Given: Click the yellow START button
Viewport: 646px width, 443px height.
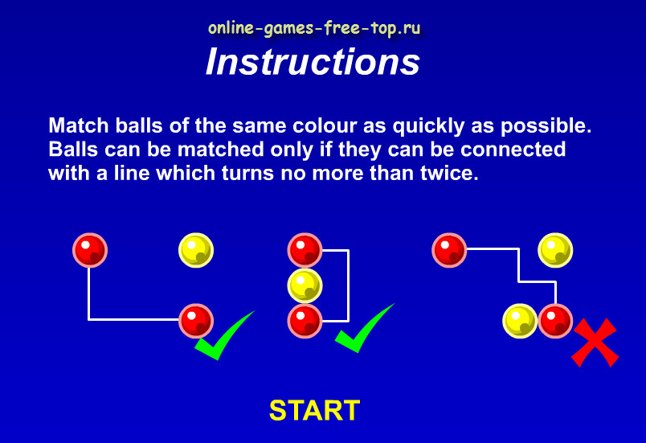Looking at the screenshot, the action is click(x=314, y=410).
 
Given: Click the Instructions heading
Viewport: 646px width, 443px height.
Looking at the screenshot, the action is click(x=313, y=62).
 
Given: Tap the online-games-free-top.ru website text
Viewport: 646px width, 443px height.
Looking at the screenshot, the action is click(x=314, y=28).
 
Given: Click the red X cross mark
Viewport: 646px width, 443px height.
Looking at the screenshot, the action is click(x=595, y=343).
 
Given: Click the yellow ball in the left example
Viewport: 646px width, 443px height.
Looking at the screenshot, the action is click(x=196, y=250).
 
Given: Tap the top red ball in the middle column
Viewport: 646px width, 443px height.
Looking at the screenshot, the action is click(x=305, y=250).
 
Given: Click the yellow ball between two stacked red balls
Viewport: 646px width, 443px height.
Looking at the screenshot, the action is click(x=305, y=285).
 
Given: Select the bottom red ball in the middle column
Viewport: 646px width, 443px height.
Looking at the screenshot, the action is click(x=305, y=321).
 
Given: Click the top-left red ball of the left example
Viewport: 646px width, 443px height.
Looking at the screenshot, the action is click(x=90, y=250).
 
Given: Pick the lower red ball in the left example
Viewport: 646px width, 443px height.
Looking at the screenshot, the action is click(x=196, y=321).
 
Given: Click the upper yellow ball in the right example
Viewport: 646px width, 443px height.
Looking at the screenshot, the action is click(x=555, y=250).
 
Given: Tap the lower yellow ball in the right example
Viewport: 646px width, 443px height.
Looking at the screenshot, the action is click(x=520, y=321).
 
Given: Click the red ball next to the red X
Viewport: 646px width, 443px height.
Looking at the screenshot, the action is click(x=555, y=321).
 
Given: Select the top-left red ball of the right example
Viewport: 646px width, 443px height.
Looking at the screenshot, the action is click(x=449, y=250).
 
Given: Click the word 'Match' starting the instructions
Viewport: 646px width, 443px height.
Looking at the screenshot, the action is click(x=79, y=125).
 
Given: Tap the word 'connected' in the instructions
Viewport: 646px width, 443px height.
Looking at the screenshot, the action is click(x=513, y=150).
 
